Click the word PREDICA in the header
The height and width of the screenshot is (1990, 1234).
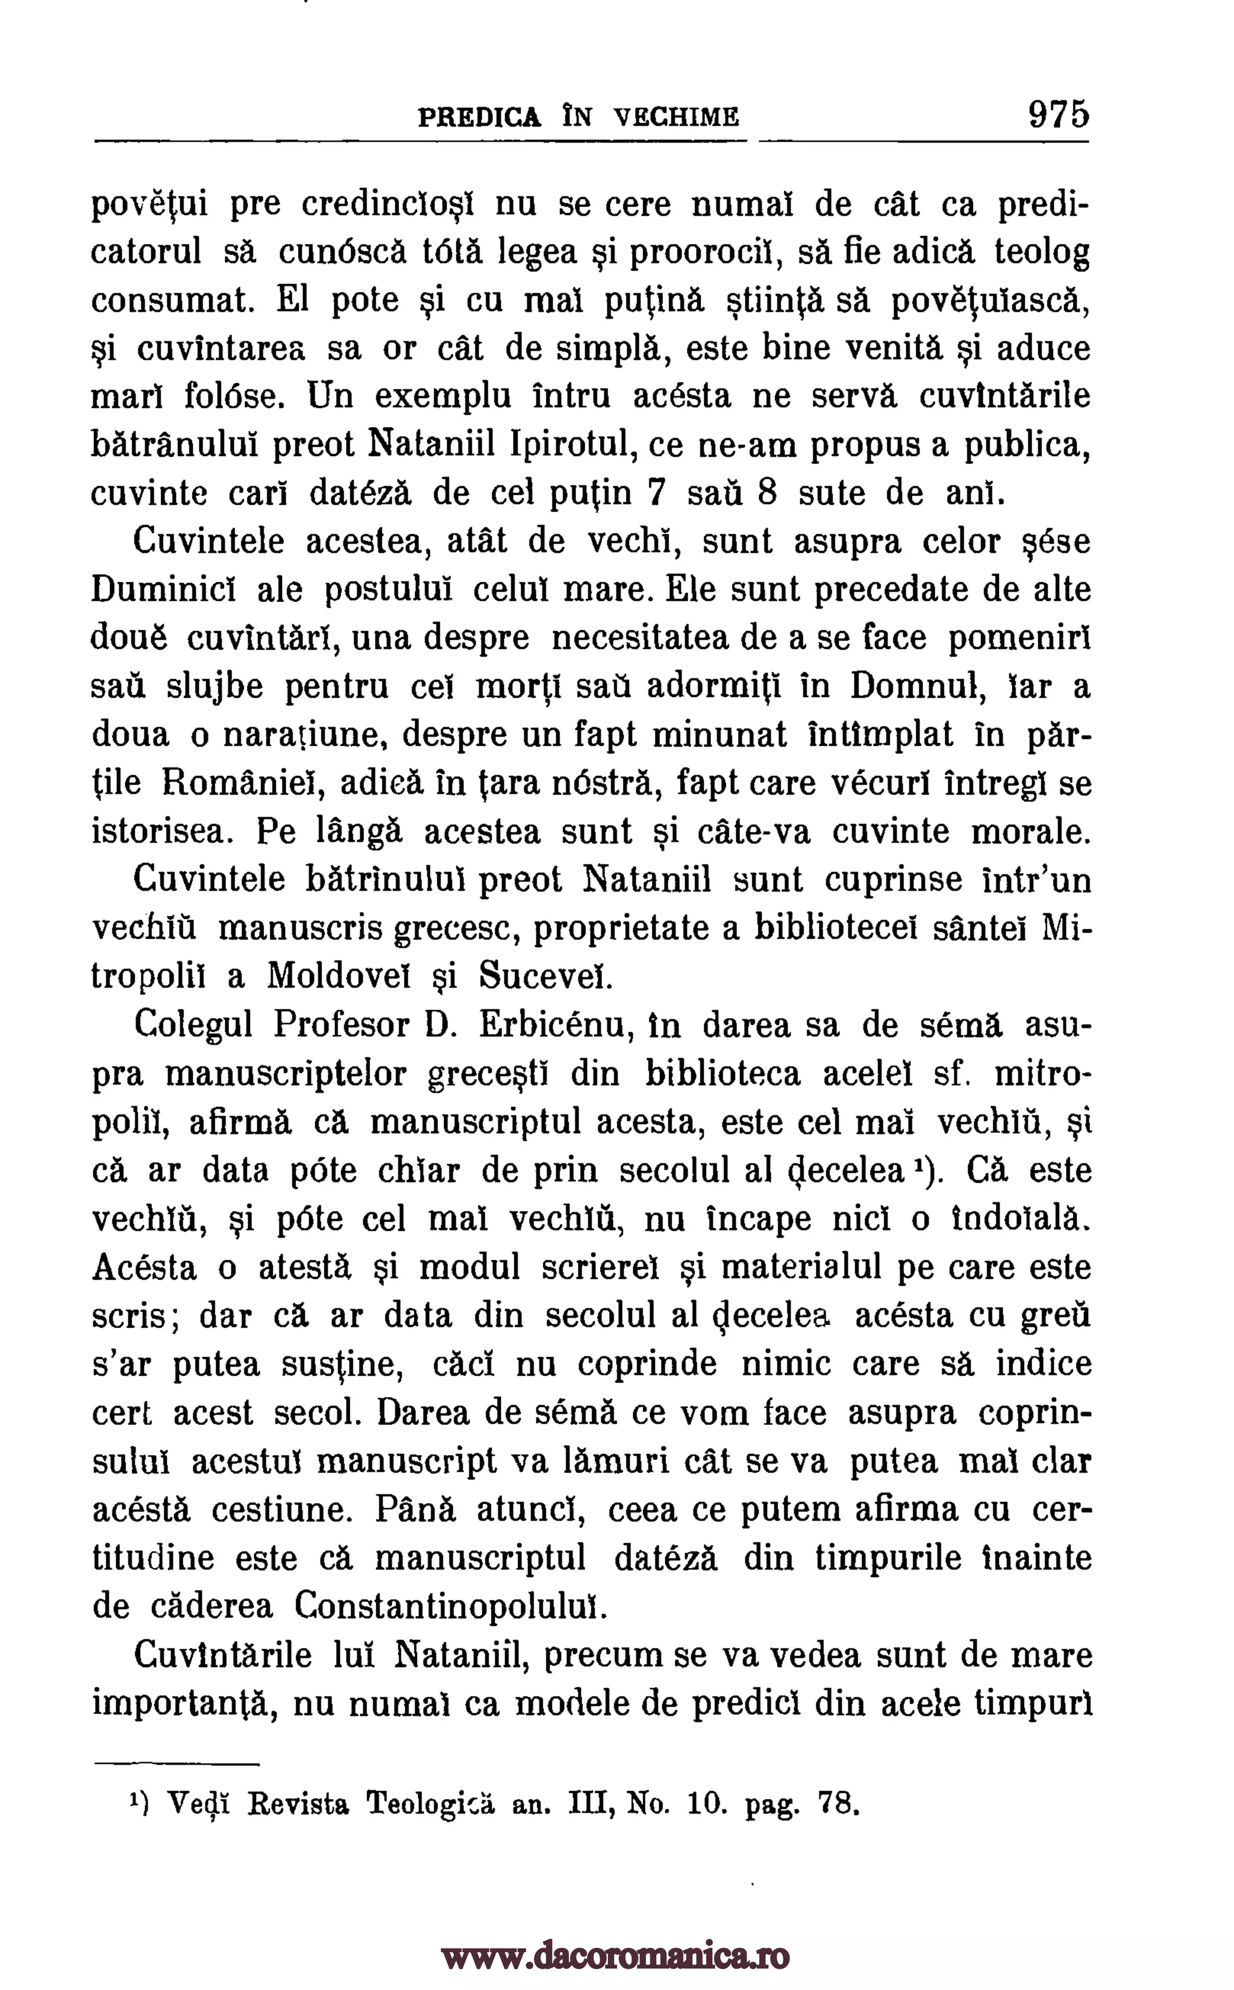pos(479,117)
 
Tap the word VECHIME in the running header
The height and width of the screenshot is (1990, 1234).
pos(677,117)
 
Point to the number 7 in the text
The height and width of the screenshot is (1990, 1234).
pos(654,493)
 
